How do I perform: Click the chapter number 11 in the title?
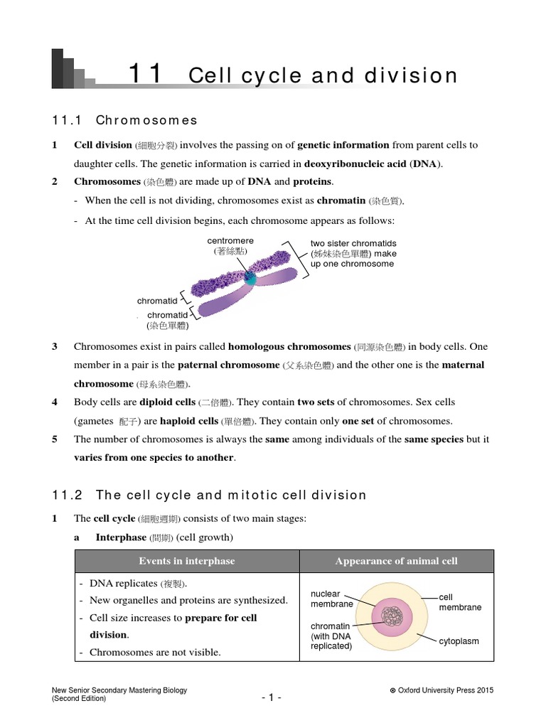click(145, 75)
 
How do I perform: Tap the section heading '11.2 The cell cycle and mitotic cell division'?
click(210, 495)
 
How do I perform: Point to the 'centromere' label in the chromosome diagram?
click(230, 241)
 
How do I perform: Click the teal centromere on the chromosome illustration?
click(250, 277)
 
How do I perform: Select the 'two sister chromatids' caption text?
click(353, 243)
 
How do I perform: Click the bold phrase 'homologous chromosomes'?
click(289, 346)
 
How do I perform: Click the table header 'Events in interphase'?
click(186, 561)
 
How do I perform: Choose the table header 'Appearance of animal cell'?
click(396, 561)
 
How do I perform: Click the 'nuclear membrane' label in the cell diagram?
click(332, 599)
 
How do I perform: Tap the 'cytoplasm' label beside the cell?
click(458, 641)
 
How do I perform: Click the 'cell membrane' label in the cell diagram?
click(459, 602)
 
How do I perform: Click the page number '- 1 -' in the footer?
click(272, 698)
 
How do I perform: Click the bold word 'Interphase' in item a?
click(121, 537)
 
